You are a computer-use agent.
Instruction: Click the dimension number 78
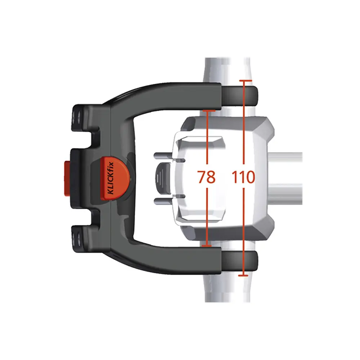pyautogui.click(x=207, y=177)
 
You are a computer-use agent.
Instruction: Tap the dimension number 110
pyautogui.click(x=244, y=177)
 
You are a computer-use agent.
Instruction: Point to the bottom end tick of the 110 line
pyautogui.click(x=244, y=276)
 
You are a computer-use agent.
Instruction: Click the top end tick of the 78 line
pyautogui.click(x=207, y=111)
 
